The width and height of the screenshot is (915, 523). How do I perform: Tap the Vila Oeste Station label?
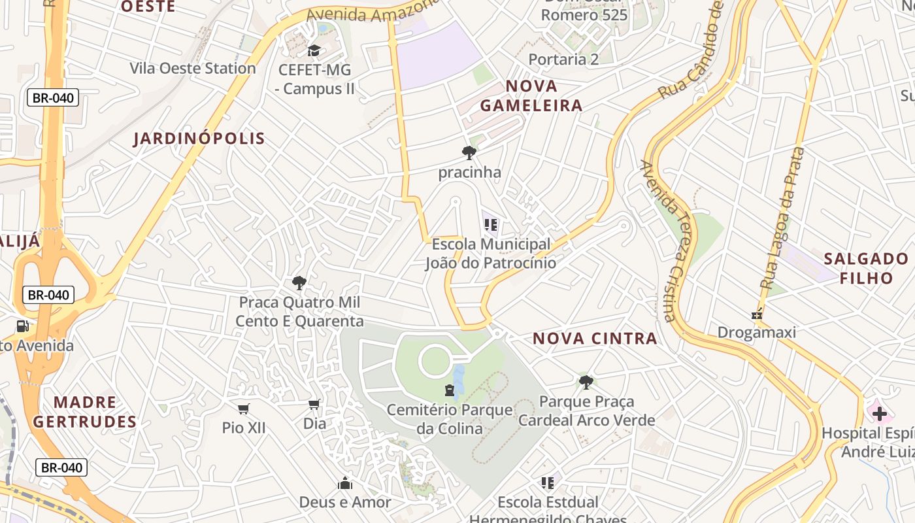[192, 68]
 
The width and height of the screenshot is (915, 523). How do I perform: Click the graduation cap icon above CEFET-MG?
[314, 51]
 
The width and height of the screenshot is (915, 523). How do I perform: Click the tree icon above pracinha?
[469, 153]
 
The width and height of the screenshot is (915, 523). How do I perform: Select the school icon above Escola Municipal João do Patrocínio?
[491, 226]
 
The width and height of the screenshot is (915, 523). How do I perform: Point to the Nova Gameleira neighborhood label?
[531, 95]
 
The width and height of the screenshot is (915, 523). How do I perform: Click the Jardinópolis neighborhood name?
[199, 138]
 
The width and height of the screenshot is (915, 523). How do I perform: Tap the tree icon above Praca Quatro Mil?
[299, 283]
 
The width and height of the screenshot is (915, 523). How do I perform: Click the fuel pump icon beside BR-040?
[23, 326]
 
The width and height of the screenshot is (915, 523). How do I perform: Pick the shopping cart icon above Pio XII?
[244, 409]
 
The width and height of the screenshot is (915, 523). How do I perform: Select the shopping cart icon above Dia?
[314, 405]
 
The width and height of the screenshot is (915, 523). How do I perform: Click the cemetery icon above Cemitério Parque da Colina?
[450, 391]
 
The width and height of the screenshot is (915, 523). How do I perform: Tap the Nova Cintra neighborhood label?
[595, 338]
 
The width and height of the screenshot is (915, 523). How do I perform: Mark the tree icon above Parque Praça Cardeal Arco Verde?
[586, 382]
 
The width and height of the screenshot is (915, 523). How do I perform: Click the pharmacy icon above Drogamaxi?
[757, 314]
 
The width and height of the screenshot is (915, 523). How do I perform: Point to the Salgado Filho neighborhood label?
[866, 268]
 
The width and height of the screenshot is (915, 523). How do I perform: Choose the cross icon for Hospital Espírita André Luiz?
[880, 413]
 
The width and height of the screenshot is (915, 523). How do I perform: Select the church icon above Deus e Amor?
[345, 483]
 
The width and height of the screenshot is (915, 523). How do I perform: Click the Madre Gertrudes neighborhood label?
[85, 412]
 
